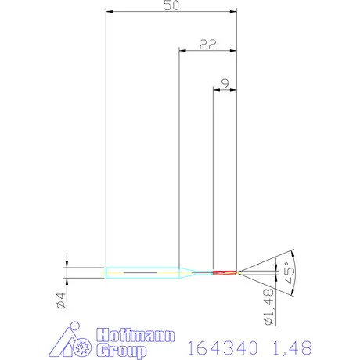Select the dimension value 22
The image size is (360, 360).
[207, 45]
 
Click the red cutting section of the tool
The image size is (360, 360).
[225, 272]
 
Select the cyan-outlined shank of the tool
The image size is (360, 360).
[141, 272]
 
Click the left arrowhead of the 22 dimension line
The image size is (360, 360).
[183, 52]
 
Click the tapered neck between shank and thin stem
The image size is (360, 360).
[188, 272]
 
